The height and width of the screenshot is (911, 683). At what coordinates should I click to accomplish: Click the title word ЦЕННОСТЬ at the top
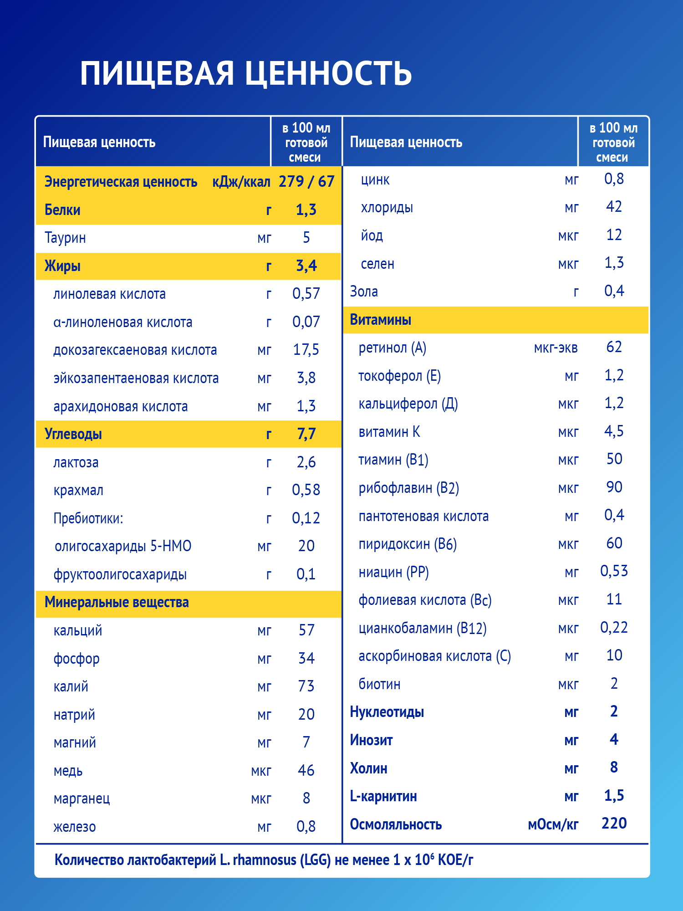point(328,74)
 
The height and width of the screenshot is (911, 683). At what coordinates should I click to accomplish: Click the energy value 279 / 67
point(306,182)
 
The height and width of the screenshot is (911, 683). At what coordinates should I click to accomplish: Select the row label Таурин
point(65,238)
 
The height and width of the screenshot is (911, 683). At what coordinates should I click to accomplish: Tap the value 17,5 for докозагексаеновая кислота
point(306,350)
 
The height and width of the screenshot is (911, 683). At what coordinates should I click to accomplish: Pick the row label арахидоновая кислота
point(121,406)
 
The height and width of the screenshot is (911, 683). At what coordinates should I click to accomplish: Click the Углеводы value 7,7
point(306,434)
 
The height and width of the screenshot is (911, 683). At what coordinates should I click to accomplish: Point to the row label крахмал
point(78,491)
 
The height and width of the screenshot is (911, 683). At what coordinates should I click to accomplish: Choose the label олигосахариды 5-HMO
point(123,546)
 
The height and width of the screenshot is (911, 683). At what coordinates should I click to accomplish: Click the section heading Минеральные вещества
point(117,602)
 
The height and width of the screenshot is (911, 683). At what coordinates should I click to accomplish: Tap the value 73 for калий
point(306,686)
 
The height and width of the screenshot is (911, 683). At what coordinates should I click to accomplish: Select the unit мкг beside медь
point(261,771)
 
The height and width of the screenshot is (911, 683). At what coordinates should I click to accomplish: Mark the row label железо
point(75,827)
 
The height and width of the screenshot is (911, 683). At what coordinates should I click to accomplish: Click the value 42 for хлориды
point(614,207)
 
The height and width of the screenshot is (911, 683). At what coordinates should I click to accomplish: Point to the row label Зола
point(364,292)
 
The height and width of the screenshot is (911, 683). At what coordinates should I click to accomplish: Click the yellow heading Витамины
point(381,320)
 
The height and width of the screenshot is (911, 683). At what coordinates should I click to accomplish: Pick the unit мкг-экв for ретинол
point(556,348)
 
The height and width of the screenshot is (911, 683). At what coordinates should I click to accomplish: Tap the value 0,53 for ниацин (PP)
point(614,571)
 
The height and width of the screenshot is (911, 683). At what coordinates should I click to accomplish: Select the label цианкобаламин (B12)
point(423,628)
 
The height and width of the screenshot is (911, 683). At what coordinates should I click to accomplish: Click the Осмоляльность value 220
point(614,824)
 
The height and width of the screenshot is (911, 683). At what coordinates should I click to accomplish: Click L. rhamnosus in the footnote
point(259,860)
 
